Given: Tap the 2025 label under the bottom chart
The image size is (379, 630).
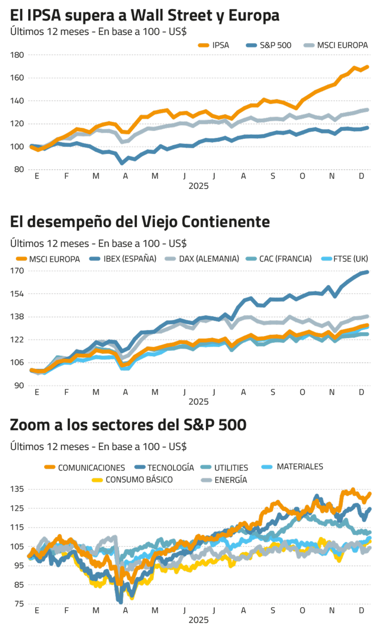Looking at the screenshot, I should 198,620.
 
